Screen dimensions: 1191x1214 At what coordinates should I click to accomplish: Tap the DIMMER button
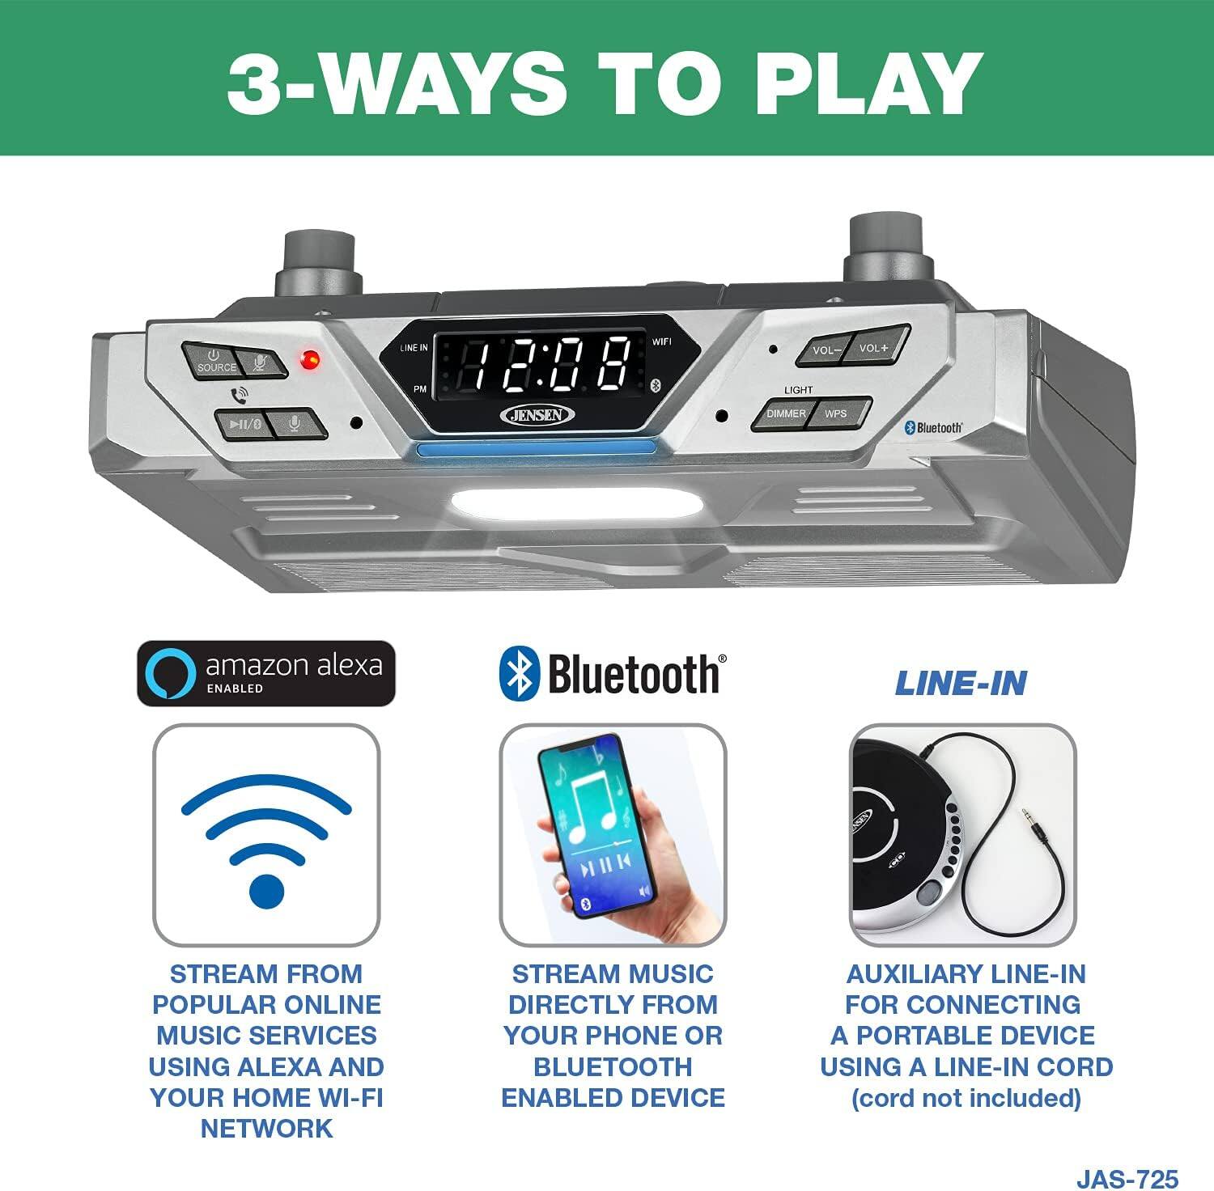coord(785,414)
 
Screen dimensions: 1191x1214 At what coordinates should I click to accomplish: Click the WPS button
coord(838,413)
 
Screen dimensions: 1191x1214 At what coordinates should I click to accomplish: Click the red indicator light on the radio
coord(309,359)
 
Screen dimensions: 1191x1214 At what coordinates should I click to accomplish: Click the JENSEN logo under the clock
coord(538,415)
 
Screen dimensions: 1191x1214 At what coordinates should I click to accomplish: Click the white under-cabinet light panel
coord(576,503)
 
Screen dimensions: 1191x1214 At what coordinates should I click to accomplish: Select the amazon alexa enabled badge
coord(266,673)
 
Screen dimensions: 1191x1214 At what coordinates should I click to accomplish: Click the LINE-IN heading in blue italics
coord(961,685)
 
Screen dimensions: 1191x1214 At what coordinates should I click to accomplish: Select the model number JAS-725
coord(1127,1177)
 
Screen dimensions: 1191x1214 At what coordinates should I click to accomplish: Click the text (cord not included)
coord(966,1099)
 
